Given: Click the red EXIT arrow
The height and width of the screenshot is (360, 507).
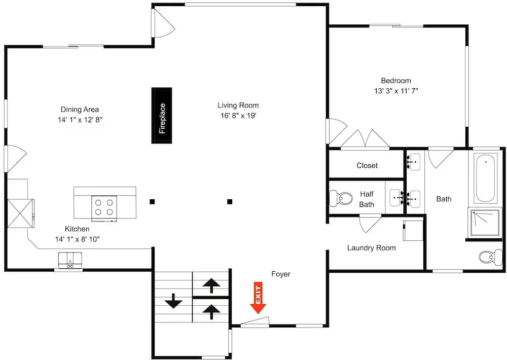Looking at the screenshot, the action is [x=258, y=298].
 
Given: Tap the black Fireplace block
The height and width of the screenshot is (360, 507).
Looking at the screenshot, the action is [x=162, y=115].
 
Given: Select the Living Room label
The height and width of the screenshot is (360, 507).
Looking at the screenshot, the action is [x=238, y=105].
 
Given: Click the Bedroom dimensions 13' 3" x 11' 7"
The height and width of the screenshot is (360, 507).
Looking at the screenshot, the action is [x=396, y=91].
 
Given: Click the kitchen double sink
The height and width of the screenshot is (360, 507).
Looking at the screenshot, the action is [x=70, y=260].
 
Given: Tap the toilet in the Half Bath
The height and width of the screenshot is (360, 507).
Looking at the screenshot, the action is [x=341, y=198].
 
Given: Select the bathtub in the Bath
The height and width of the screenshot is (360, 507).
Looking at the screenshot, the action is [x=486, y=178].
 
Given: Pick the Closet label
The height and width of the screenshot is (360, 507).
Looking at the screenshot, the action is [x=367, y=166].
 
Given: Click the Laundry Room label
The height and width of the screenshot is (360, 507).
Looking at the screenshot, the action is [x=372, y=248].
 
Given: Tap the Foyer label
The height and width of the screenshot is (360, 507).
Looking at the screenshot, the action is [x=281, y=274].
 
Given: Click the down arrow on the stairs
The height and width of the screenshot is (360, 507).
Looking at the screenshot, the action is [x=173, y=301].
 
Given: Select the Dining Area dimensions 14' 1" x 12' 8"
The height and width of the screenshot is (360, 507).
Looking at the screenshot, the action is [x=80, y=120].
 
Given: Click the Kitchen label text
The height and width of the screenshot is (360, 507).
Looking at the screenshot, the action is [x=77, y=229].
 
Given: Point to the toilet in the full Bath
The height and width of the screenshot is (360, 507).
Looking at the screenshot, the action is [x=490, y=258].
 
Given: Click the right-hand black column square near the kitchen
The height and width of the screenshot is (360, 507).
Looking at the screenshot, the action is [x=230, y=202].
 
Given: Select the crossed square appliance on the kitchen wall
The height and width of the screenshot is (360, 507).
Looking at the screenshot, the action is [x=20, y=213].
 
